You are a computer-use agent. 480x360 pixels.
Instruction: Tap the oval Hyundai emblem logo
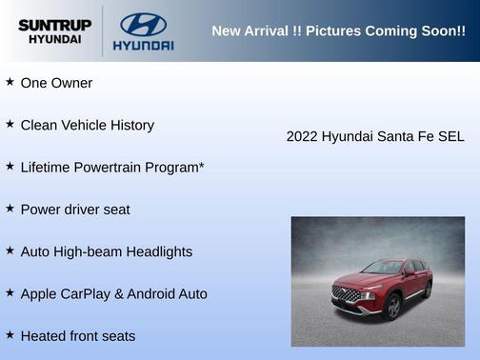tap(143, 24)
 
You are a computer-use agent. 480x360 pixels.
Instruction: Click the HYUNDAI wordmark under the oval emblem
tap(143, 45)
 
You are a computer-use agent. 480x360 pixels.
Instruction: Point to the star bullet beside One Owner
tap(10, 83)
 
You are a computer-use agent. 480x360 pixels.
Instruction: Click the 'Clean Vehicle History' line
tap(87, 125)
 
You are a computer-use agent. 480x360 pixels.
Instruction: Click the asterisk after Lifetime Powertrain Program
tap(201, 166)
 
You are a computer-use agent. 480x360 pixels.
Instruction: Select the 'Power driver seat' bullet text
tap(75, 210)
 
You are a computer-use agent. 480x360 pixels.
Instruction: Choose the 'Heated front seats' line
tap(77, 335)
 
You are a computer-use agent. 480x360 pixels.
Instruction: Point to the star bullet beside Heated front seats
tap(10, 335)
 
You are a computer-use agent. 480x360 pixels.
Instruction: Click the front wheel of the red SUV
tap(393, 307)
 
